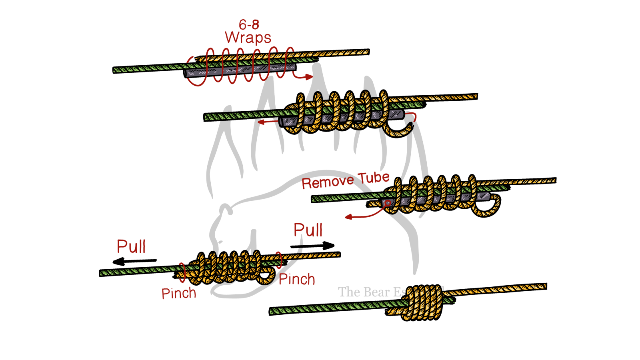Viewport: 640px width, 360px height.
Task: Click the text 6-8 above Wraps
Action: [249, 25]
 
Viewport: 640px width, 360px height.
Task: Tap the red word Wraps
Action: [248, 38]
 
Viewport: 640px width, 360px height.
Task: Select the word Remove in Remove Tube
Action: [328, 182]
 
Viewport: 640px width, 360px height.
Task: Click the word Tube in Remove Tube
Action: [374, 178]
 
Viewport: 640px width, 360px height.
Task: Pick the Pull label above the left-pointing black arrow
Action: [131, 246]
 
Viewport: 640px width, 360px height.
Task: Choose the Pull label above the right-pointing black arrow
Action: [308, 230]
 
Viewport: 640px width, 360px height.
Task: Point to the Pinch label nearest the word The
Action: [296, 279]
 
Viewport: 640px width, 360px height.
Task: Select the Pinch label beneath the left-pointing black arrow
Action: [179, 293]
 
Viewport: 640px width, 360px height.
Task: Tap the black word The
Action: [349, 292]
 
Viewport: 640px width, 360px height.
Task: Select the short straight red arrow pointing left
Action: [267, 121]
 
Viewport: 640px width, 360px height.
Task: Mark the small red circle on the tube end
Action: [387, 203]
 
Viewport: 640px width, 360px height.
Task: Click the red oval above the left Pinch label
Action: [182, 270]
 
